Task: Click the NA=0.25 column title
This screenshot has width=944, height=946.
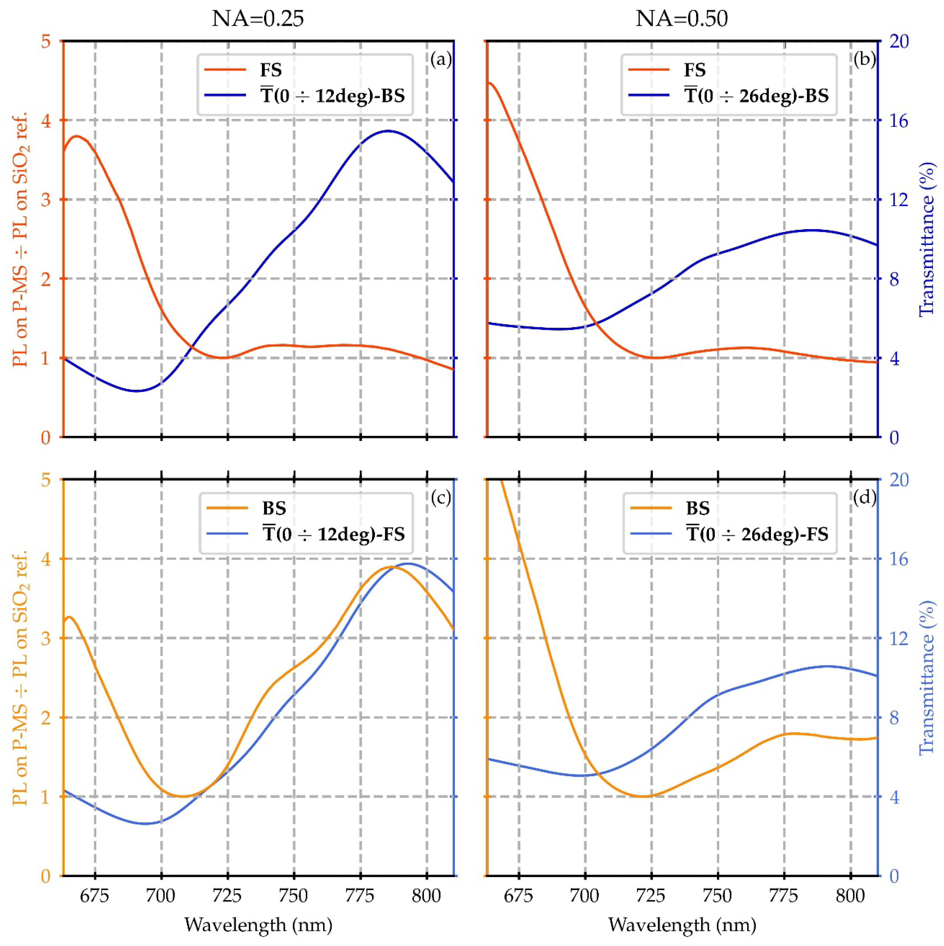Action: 258,18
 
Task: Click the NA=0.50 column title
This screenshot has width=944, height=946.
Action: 682,18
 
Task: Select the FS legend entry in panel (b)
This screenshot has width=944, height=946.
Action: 694,70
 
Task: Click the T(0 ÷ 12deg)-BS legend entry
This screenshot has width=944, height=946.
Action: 333,96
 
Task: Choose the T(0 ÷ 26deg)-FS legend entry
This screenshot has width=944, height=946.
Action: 757,534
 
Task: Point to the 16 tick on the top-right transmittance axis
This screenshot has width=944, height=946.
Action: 898,120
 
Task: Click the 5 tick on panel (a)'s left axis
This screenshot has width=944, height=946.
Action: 46,42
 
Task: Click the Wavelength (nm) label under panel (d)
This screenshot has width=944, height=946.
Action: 682,924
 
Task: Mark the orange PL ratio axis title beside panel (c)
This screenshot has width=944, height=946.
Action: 20,678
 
